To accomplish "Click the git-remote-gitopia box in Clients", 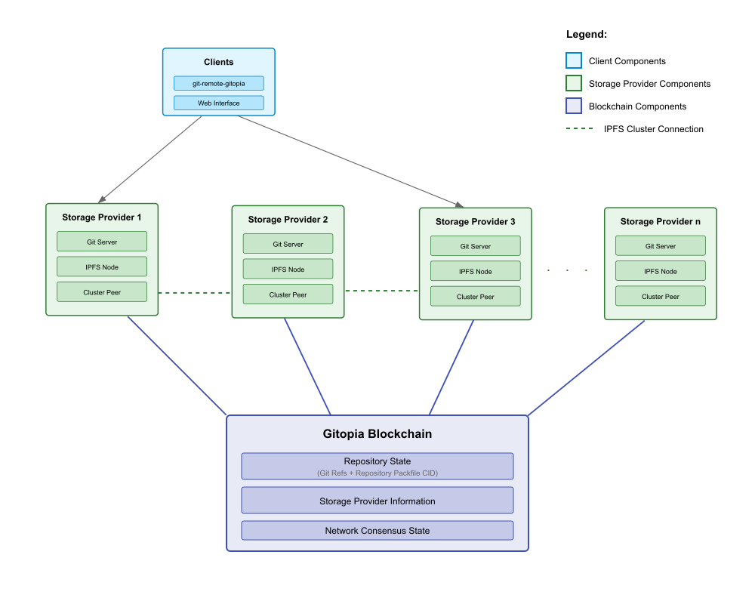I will point(218,83).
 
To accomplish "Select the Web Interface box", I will point(218,103).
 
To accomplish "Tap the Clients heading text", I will point(218,62).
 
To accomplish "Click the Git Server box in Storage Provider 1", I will point(102,242).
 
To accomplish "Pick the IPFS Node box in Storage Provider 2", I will point(288,269).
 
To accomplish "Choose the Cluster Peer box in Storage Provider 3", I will point(475,296).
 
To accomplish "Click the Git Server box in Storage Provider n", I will point(660,245).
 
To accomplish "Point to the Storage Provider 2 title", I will point(288,220).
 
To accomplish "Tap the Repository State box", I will point(377,466).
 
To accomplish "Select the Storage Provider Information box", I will point(377,501).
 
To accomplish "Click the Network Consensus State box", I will point(377,530).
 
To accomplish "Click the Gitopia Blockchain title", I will point(377,434).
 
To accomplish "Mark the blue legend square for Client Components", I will point(574,61).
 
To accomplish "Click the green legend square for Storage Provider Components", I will point(574,84).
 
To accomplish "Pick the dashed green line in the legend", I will point(579,129).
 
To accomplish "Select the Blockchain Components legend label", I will point(637,106).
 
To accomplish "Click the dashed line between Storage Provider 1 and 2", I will point(195,292).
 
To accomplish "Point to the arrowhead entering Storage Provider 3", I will point(460,204).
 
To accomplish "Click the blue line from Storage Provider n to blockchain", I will point(587,368).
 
